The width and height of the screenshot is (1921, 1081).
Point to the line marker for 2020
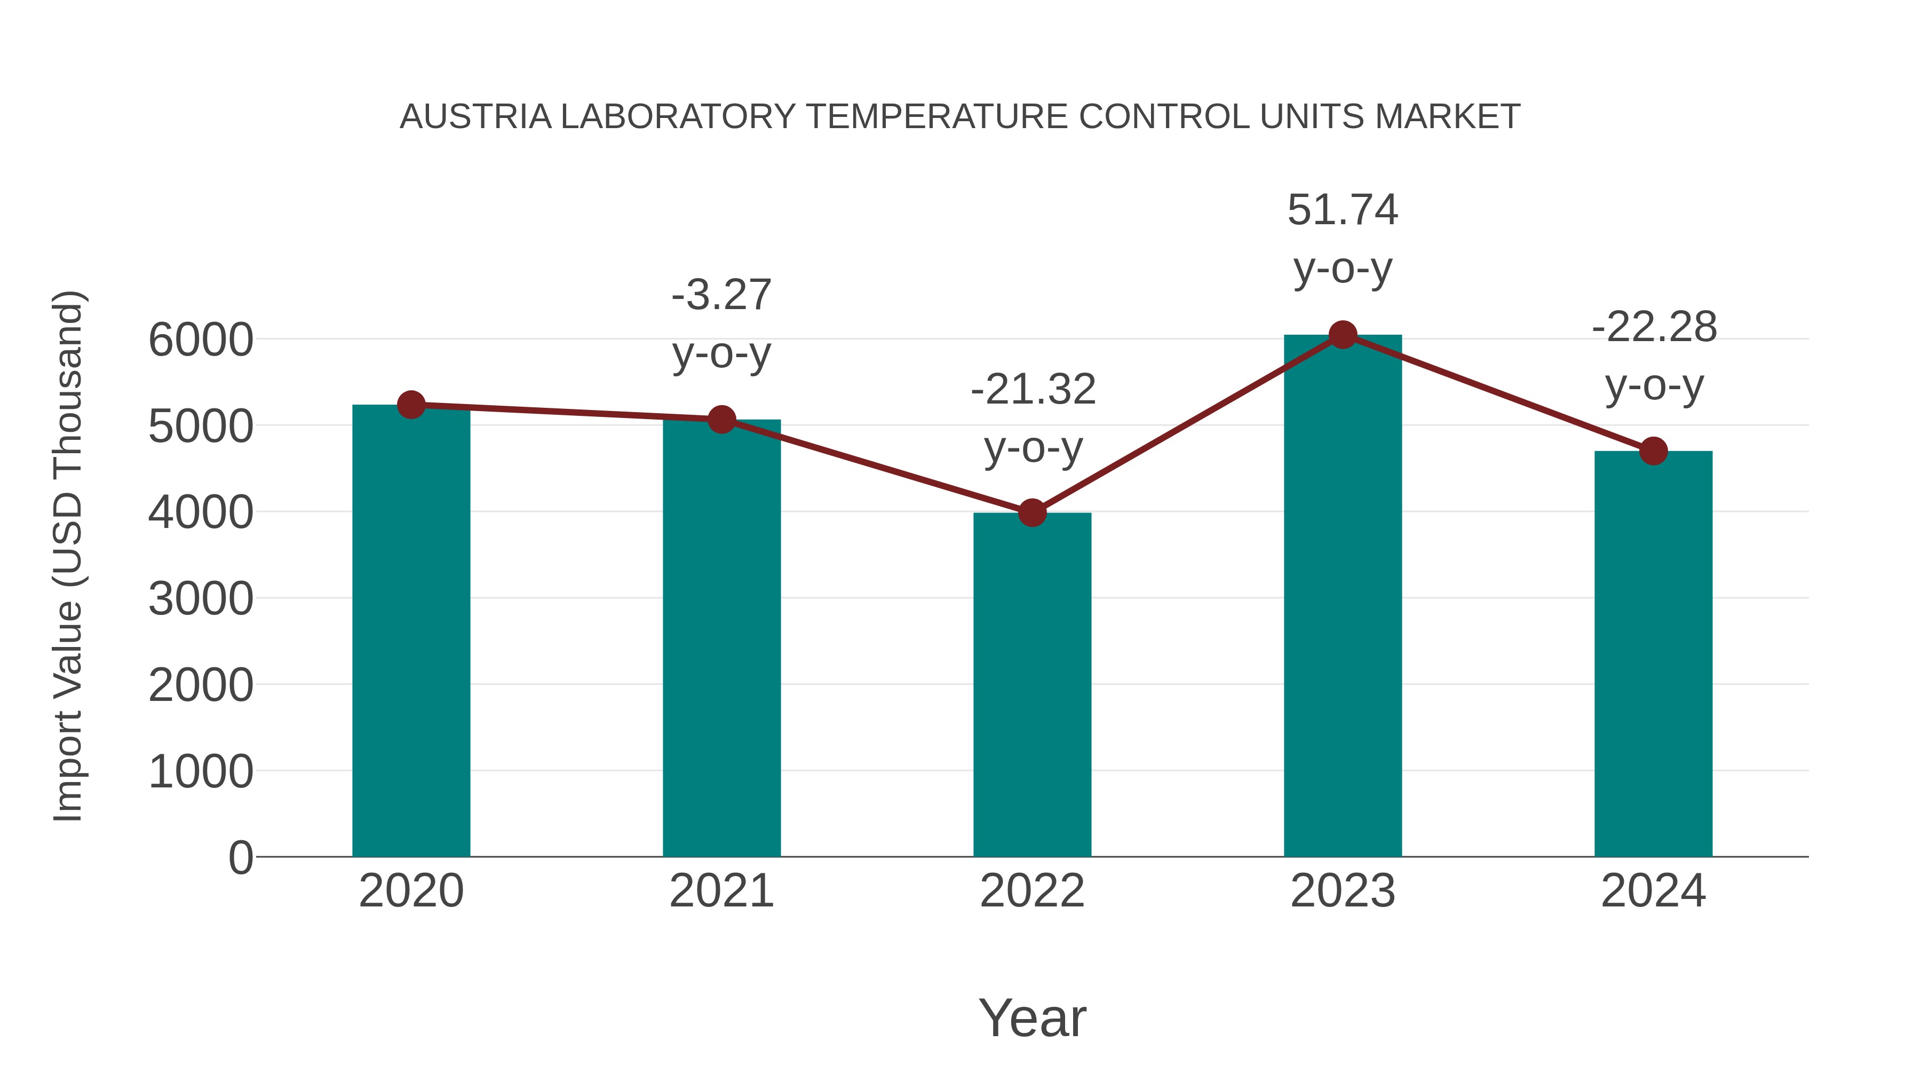pyautogui.click(x=411, y=405)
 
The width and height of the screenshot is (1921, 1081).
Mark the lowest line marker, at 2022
pyautogui.click(x=1032, y=512)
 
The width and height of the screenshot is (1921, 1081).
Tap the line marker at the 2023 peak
pyautogui.click(x=1343, y=335)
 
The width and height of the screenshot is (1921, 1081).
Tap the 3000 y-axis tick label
pyautogui.click(x=201, y=599)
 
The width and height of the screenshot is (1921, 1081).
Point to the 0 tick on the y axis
pyautogui.click(x=240, y=858)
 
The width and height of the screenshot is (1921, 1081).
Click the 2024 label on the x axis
pyautogui.click(x=1653, y=891)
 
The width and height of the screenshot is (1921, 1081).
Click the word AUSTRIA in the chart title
pyautogui.click(x=476, y=117)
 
